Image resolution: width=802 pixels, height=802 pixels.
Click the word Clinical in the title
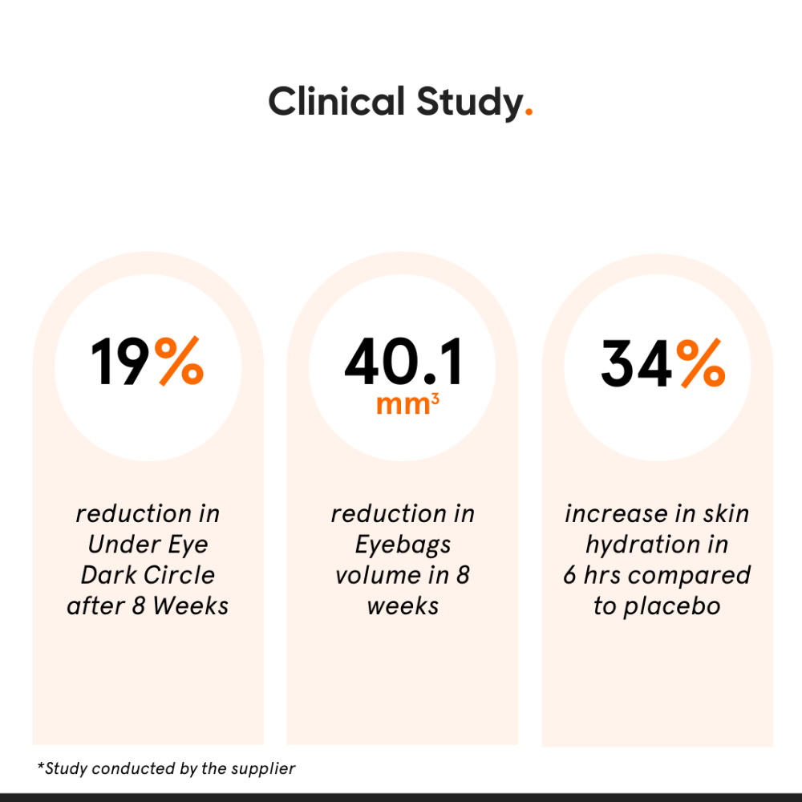pos(336,103)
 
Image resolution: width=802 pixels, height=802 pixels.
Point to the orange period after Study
pos(528,115)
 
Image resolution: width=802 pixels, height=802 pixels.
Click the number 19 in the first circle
pos(120,363)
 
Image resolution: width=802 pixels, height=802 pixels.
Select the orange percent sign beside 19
pos(179,362)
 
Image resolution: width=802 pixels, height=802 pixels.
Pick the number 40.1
pos(403,363)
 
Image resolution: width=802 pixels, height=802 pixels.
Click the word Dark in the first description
pos(111,575)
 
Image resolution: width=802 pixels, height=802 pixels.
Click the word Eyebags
pos(403,545)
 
